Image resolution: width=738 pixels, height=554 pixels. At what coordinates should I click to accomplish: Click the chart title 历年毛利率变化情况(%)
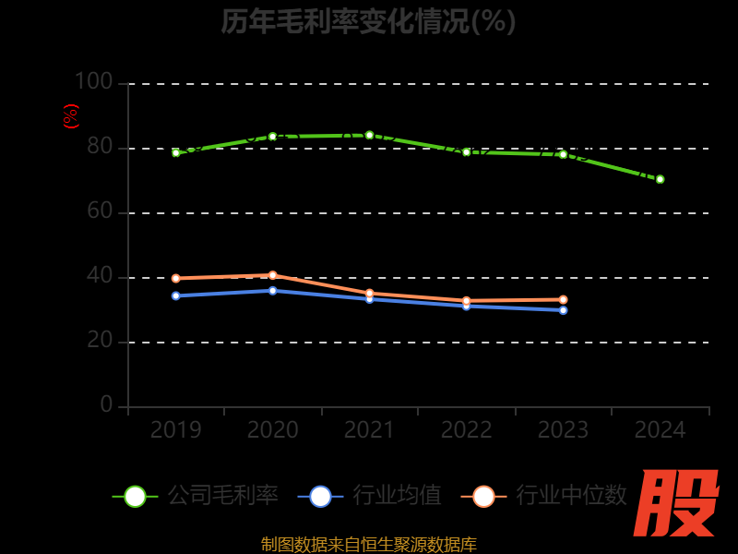[x=369, y=20]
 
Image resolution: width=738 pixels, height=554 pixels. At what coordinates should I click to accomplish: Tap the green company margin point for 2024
[x=660, y=179]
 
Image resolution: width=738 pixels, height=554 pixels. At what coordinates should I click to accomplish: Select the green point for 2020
[x=272, y=137]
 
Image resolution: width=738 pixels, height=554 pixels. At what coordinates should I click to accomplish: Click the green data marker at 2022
[x=466, y=152]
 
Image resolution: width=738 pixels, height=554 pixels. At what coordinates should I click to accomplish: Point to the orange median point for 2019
[x=175, y=278]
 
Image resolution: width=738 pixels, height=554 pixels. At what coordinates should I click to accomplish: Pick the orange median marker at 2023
[x=563, y=300]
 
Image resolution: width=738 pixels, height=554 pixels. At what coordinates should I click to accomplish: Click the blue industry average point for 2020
[x=272, y=291]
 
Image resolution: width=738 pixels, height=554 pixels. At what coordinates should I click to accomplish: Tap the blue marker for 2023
[x=563, y=310]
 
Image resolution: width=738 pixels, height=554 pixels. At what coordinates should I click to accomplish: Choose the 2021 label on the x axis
[x=369, y=430]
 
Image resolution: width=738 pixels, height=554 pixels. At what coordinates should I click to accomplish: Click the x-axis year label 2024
[x=660, y=430]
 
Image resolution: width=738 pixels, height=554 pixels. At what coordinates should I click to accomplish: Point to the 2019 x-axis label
[x=175, y=430]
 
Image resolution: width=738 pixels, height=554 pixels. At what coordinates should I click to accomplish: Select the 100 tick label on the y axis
[x=93, y=82]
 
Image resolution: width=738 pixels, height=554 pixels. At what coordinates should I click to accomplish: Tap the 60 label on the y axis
[x=100, y=211]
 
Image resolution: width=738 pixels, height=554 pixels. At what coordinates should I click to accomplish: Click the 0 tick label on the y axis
[x=106, y=405]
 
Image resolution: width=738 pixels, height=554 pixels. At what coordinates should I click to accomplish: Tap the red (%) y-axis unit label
[x=71, y=116]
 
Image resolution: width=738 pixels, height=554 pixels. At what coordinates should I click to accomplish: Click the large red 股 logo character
[x=678, y=503]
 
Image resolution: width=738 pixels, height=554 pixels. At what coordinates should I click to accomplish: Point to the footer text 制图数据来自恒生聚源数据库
[x=369, y=544]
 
